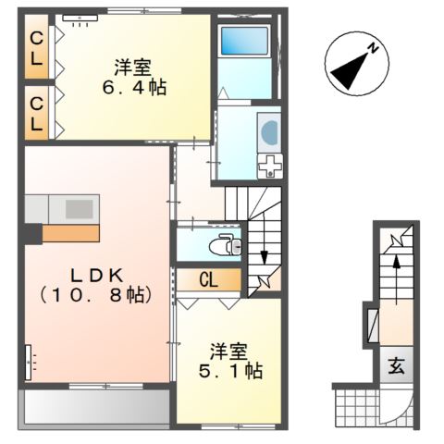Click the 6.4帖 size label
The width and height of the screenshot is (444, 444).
tap(134, 90)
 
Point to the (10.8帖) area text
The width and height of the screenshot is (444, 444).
tap(91, 296)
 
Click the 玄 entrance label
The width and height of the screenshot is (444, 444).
tap(395, 365)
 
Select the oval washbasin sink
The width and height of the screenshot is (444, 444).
tap(269, 132)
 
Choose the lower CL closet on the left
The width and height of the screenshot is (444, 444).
tap(36, 111)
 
